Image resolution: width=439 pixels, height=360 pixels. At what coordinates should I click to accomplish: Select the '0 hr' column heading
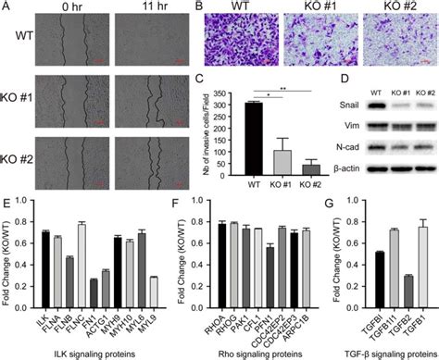(71, 8)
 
